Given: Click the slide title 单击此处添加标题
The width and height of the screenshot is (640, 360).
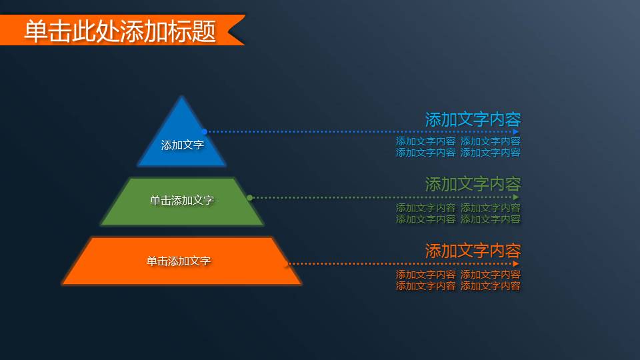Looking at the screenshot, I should pos(120,31).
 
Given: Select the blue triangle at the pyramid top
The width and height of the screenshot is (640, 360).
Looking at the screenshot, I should pos(182,123).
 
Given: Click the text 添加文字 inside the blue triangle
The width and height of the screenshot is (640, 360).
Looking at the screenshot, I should pos(182,145).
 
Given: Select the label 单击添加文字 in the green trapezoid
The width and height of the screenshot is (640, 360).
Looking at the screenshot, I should pos(182,200).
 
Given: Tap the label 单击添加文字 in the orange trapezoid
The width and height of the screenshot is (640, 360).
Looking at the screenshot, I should pos(179,261).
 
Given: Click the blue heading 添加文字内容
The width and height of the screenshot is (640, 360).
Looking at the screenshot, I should pos(473,119).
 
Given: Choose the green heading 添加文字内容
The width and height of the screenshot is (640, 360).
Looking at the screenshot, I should pos(473,184).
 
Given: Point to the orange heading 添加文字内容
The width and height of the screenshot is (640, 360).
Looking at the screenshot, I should pos(473,251).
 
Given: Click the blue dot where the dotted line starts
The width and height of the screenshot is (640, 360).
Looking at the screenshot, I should pos(205,132).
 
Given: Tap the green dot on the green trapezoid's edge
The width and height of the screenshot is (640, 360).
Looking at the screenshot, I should pos(249,197).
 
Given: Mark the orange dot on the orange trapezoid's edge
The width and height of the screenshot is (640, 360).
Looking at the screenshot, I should pos(287,264).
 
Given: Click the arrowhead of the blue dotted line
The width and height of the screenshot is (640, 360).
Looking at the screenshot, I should pos(516,132).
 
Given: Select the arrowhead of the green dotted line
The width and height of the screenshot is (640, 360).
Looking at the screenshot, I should pos(516,197).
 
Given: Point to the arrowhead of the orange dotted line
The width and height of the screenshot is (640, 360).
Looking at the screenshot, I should pos(516,263).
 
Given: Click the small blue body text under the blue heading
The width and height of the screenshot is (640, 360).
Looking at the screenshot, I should pos(458,147).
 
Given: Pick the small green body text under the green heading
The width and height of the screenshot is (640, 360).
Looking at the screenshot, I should pos(458,213).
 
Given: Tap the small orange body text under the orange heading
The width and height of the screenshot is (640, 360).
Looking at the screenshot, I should pos(458,280).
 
